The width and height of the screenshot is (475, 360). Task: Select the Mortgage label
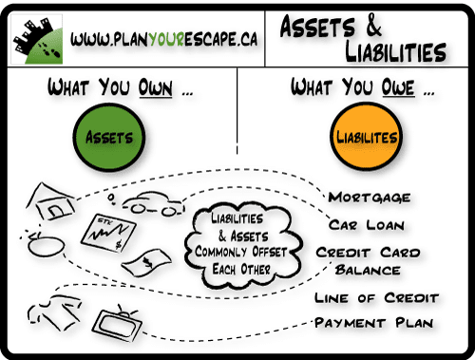(x=370, y=198)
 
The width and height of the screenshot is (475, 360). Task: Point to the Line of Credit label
(x=376, y=298)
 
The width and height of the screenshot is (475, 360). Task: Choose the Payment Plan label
(x=374, y=323)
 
